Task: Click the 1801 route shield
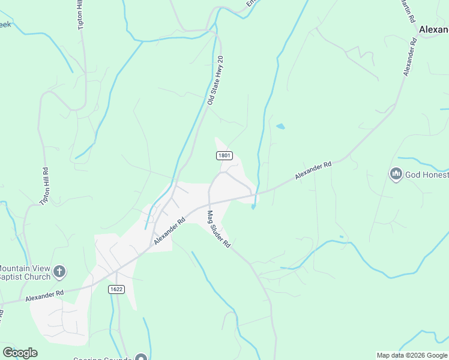pos(224,155)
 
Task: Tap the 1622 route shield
pos(116,289)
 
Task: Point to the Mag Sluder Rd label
pos(219,229)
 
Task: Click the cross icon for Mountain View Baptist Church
pos(59,272)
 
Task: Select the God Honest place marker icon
pos(396,175)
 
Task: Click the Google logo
pos(20,352)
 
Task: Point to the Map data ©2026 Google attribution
pos(411,355)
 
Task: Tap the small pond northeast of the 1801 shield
pos(280,127)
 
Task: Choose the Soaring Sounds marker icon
pos(141,358)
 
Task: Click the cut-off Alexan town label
pos(433,29)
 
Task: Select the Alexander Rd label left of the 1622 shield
pos(44,296)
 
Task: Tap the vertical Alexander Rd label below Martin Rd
pos(411,58)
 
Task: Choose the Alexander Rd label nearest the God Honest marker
pos(313,171)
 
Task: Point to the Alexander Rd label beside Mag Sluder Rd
pos(169,230)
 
